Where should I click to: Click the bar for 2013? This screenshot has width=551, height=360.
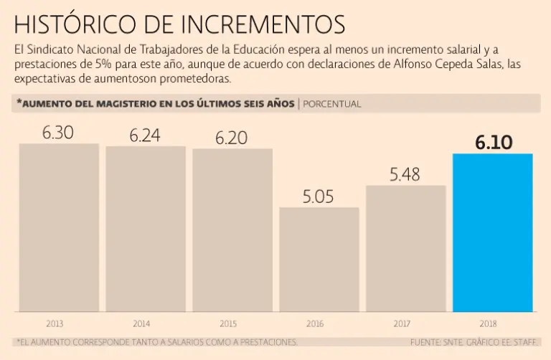pos(59,227)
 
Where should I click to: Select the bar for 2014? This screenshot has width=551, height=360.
pos(146,229)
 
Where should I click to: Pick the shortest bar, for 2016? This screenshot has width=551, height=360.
pos(319,260)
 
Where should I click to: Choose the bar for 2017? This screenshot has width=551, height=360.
pos(405,248)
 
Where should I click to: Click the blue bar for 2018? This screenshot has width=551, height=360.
pos(493,232)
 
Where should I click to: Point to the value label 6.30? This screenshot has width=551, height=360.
pos(58,133)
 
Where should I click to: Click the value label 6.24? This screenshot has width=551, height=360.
pos(145,136)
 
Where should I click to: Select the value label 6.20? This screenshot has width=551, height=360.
pos(231,138)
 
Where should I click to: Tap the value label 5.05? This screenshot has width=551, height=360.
pos(318,197)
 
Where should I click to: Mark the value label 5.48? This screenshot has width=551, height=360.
pos(405,174)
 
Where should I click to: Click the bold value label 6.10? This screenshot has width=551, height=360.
pos(493,142)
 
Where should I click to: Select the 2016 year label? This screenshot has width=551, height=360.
pos(315,323)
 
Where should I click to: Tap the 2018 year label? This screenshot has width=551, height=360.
pos(489,323)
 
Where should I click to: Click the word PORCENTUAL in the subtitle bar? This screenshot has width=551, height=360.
pos(332,104)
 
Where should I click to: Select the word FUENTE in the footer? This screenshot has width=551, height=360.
pos(427,342)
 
